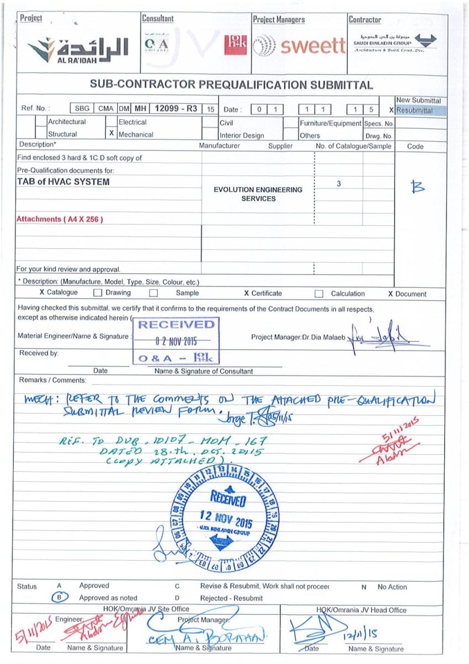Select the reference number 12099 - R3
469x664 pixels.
tap(176, 109)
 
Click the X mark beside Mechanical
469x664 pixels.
tap(112, 134)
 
